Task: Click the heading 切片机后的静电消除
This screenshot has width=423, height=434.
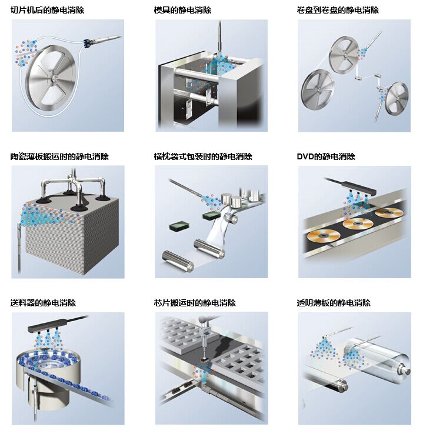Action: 47,10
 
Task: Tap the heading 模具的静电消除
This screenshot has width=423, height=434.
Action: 182,10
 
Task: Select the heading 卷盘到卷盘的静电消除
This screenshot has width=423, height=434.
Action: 338,10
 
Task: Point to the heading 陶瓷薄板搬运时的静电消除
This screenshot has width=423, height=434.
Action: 59,156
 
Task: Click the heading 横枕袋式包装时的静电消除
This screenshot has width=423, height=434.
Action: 203,156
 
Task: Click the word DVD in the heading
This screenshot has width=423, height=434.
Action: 305,156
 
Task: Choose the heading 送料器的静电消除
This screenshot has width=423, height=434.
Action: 43,303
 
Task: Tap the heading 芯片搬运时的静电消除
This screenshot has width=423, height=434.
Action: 195,303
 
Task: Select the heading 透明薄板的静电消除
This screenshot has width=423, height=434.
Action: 334,303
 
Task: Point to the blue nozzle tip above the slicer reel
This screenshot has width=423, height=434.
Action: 87,42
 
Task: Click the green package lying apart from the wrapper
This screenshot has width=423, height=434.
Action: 179,226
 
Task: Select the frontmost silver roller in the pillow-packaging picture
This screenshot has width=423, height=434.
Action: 178,261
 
